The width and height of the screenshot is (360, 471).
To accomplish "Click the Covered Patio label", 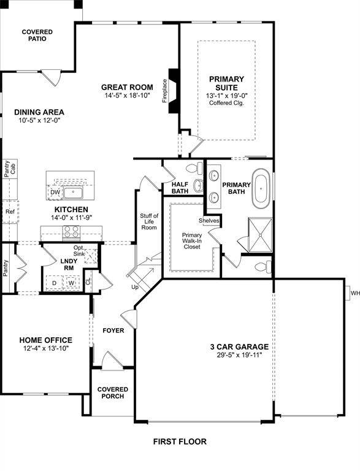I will click(37, 35).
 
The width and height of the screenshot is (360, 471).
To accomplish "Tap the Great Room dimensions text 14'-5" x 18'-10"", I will click(126, 96).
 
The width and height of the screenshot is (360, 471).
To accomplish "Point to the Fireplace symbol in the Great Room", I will click(174, 91).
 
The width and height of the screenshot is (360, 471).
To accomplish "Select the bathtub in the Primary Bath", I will click(262, 189).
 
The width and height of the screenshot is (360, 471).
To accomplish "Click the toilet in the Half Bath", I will click(194, 168).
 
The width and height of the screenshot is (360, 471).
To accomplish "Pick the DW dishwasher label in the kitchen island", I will click(55, 192).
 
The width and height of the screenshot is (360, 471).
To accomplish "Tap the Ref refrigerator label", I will click(9, 212).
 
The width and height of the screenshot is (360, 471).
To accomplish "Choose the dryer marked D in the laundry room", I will click(54, 283).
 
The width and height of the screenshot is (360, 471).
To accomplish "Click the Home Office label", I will click(45, 340).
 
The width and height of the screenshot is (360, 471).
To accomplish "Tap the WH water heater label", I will click(354, 293).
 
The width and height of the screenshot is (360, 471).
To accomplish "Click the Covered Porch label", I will click(112, 392).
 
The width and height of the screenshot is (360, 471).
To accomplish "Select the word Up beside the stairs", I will click(135, 286).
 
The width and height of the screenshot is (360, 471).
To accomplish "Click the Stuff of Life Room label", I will click(149, 221).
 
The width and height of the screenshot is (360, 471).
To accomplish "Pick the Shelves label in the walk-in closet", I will click(209, 221).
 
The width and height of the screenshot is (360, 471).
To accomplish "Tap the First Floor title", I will click(180, 441).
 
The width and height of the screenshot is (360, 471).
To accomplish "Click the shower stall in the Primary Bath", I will click(260, 234).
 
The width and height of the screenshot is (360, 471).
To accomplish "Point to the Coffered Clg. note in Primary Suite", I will click(226, 104).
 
